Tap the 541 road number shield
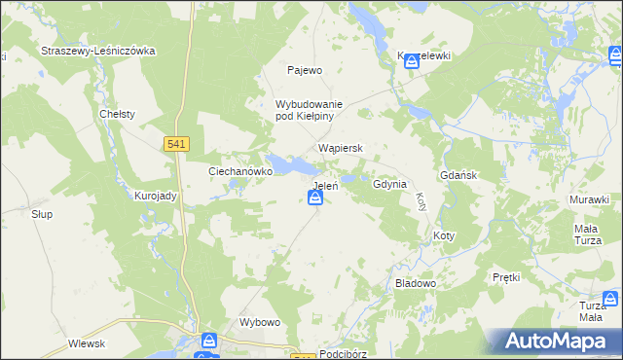tap(176, 144)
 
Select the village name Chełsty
tap(117, 114)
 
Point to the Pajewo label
tap(304, 70)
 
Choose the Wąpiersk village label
tap(341, 149)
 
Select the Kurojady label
tap(155, 196)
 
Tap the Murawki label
tap(590, 199)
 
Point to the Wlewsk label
tap(87, 342)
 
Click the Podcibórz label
tap(348, 355)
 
